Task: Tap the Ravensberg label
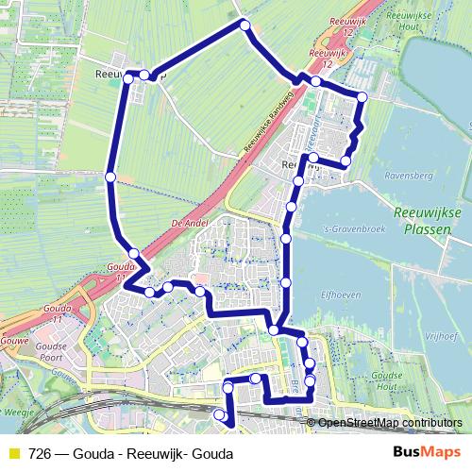(x=410, y=174)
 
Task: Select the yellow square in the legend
(x=13, y=453)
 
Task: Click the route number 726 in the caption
(x=41, y=453)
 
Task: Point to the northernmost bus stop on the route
(x=244, y=25)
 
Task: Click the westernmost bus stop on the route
(x=110, y=177)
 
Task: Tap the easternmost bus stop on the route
(x=362, y=97)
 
